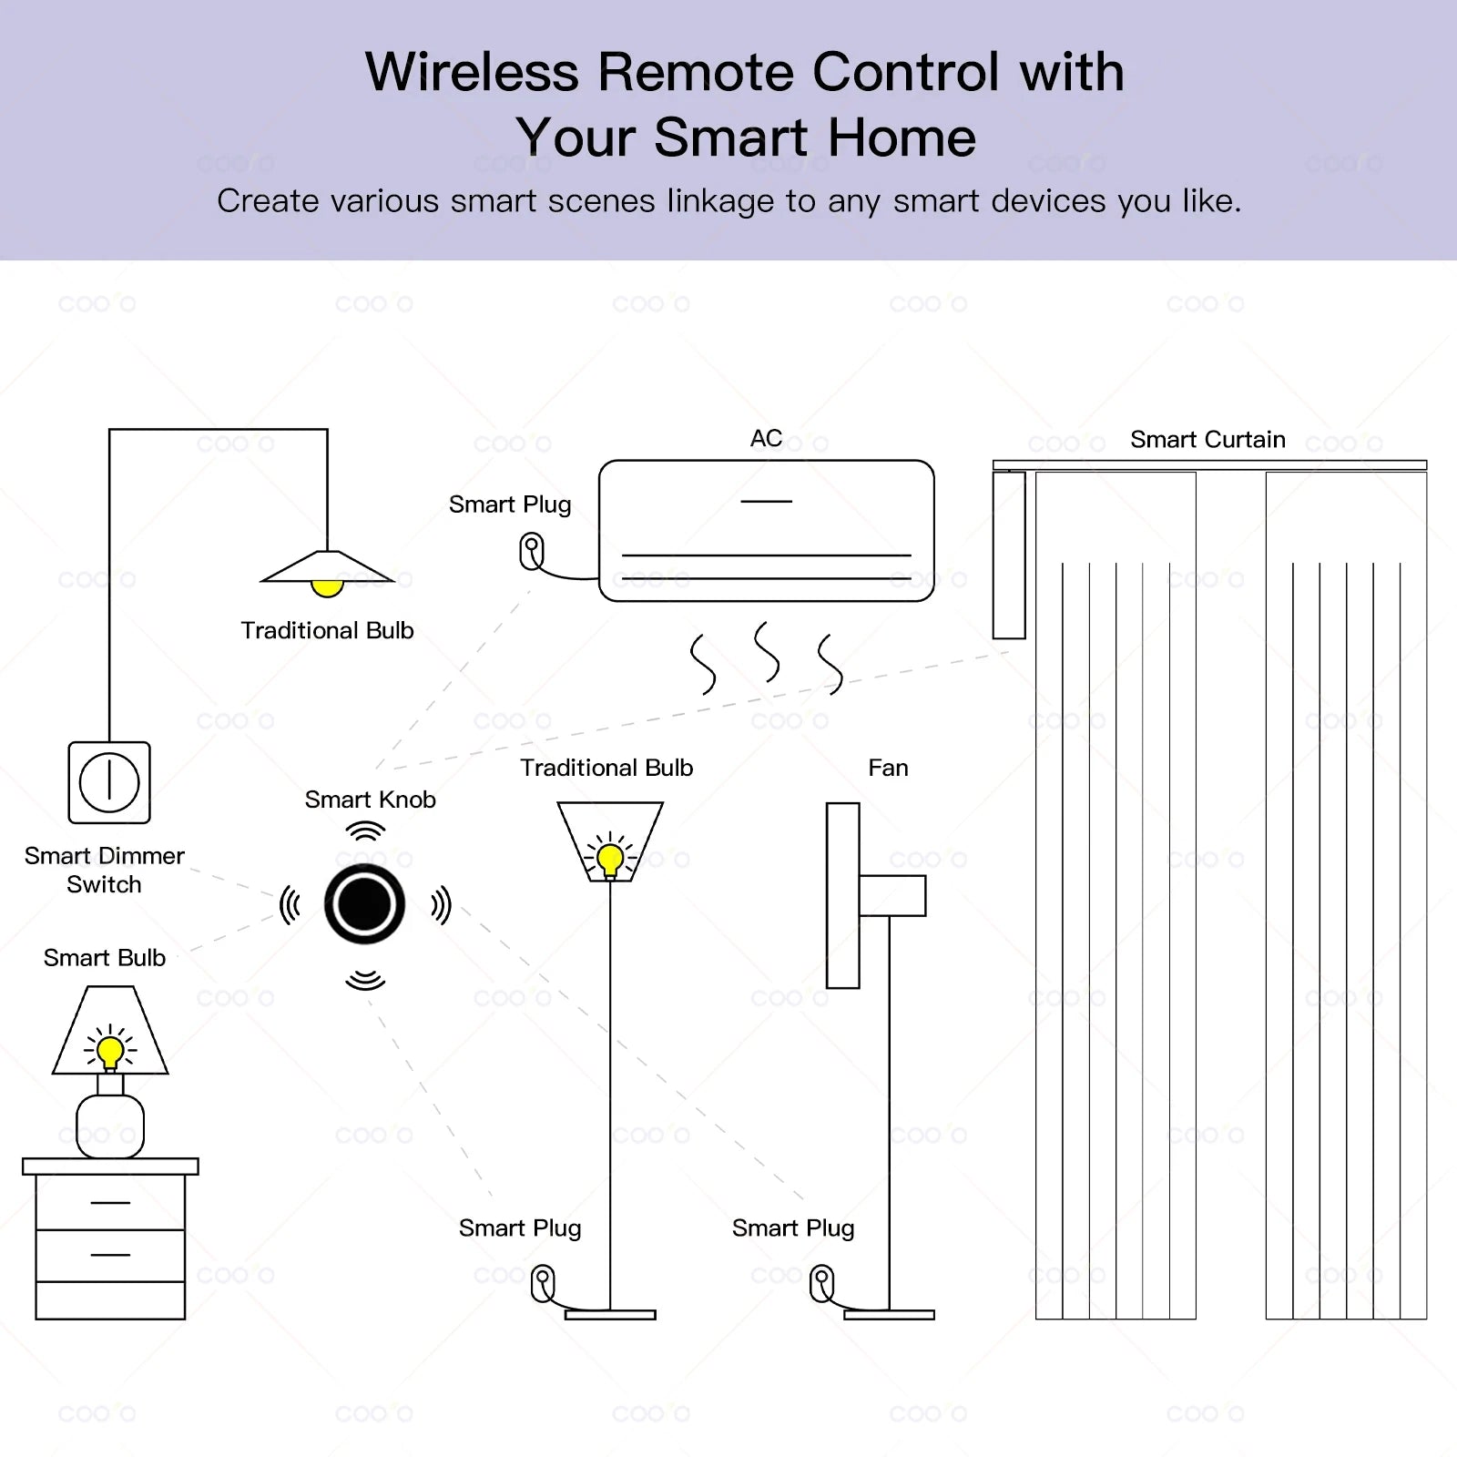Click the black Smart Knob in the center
[x=364, y=904]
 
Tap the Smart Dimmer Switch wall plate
[x=109, y=782]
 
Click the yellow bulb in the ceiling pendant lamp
[x=327, y=587]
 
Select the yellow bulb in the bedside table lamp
[x=110, y=1052]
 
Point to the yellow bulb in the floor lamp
[x=610, y=858]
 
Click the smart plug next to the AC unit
[x=532, y=551]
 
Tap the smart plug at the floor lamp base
[x=544, y=1283]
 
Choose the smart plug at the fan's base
[x=822, y=1283]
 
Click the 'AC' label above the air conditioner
[x=766, y=439]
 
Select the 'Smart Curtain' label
[x=1207, y=440]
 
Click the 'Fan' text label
[x=888, y=768]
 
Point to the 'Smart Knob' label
[x=370, y=800]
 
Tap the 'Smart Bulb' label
[x=105, y=958]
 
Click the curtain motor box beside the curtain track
[x=1009, y=555]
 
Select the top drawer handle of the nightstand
[x=110, y=1202]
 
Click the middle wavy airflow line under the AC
[x=767, y=652]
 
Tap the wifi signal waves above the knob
[x=365, y=830]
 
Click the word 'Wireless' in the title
[x=472, y=72]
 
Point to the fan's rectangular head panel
[x=842, y=895]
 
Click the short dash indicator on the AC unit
[x=766, y=502]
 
